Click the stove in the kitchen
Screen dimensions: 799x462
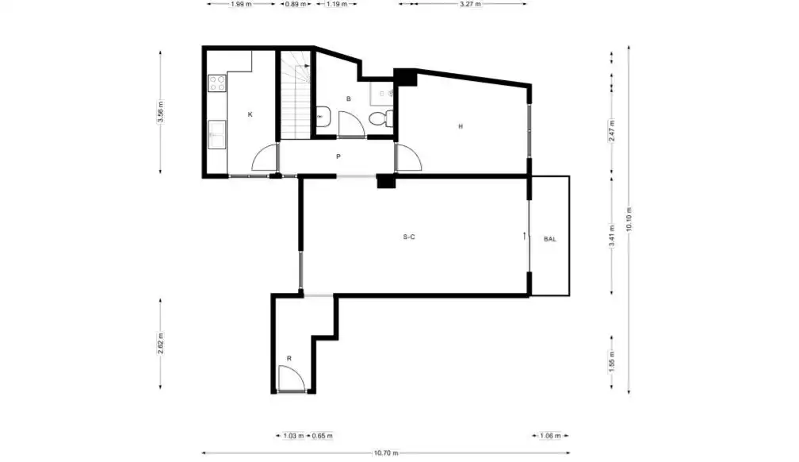click(216, 83)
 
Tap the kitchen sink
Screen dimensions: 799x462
click(216, 134)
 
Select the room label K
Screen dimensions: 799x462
click(250, 114)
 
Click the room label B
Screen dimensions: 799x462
click(349, 98)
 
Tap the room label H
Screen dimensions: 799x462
click(461, 126)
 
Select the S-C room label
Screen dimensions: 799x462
click(409, 237)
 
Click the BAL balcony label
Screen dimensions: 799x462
click(550, 239)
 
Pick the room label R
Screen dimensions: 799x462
click(289, 358)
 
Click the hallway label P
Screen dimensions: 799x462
click(338, 156)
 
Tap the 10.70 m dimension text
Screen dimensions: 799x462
click(386, 452)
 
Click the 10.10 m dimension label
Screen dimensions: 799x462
click(629, 219)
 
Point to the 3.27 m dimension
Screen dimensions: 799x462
click(470, 4)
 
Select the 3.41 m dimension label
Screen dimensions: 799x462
click(612, 235)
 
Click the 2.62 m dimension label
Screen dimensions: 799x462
click(160, 344)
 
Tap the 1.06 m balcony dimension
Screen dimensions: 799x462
click(550, 436)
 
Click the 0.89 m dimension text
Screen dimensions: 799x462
click(296, 4)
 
